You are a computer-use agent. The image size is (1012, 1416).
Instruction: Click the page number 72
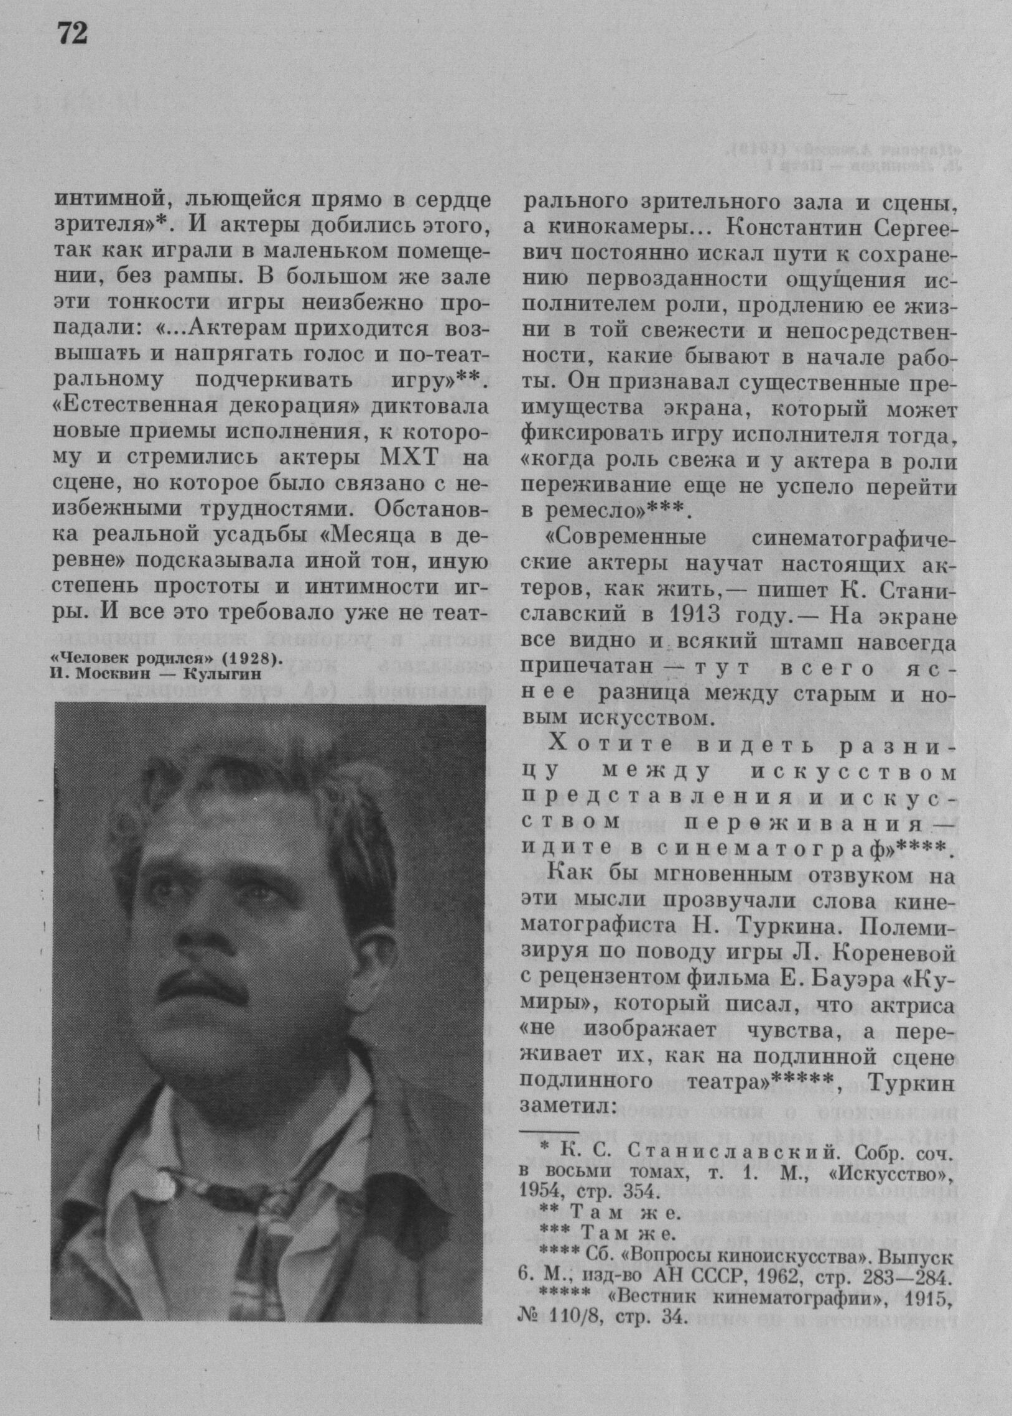pyautogui.click(x=72, y=34)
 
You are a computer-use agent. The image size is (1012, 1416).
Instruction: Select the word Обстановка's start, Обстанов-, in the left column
pyautogui.click(x=432, y=508)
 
